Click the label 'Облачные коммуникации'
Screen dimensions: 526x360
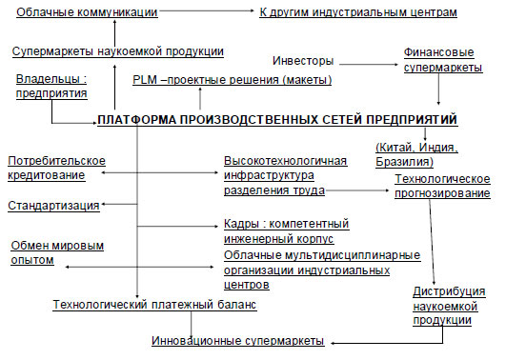coord(87,12)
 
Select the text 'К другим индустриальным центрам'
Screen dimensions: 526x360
coord(358,12)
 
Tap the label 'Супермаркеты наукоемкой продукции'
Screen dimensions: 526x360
coord(118,51)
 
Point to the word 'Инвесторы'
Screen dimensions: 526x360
coord(303,61)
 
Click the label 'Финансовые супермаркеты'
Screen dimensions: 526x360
coord(443,60)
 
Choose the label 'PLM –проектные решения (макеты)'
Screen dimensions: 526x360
coord(233,80)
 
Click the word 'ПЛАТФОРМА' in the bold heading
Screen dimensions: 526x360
coord(137,120)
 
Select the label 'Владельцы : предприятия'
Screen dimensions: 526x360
coord(51,86)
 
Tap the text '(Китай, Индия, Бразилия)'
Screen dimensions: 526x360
coord(416,154)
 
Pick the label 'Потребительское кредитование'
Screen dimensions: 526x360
coord(56,168)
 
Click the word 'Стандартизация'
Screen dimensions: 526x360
coord(53,206)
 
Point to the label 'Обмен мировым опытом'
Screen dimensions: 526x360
coord(57,252)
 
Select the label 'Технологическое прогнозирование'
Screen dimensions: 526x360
coord(442,186)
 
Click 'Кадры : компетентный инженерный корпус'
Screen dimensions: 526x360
coord(287,231)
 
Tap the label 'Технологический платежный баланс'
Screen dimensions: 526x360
coord(154,305)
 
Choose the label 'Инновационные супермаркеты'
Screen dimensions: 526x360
coord(238,341)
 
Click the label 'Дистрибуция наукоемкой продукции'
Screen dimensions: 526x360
coord(449,306)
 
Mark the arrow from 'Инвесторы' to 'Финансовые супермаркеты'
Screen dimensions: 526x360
coord(369,64)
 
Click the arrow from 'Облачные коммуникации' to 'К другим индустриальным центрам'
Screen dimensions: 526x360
coord(207,10)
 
